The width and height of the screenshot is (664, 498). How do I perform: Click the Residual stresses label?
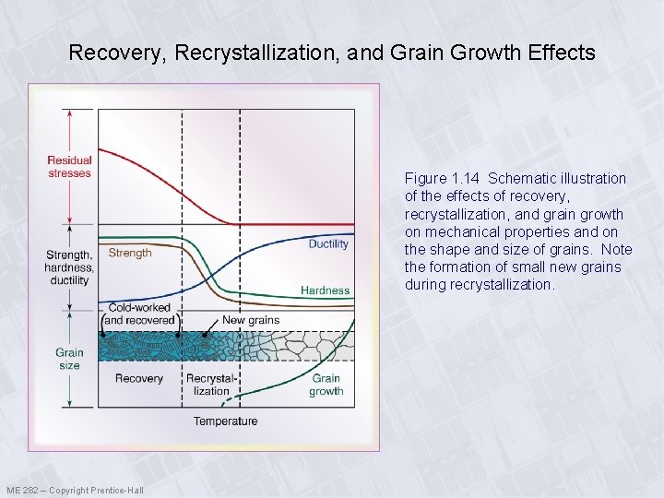(x=69, y=167)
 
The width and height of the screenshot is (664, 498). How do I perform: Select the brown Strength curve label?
(x=130, y=253)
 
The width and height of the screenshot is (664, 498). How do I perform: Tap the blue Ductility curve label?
(x=328, y=244)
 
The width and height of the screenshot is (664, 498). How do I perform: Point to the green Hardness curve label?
(x=326, y=290)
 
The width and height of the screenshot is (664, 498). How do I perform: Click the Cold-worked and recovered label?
(x=141, y=314)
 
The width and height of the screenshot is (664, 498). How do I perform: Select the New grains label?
(x=251, y=320)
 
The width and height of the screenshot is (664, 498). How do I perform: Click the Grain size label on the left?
(x=69, y=359)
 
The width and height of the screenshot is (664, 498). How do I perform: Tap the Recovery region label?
(x=138, y=378)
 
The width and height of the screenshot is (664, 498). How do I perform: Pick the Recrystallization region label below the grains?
(x=211, y=385)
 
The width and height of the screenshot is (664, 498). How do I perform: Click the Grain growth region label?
(x=326, y=385)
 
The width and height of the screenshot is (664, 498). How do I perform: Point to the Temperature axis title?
(x=225, y=421)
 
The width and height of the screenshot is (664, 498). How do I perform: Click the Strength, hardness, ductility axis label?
(x=69, y=267)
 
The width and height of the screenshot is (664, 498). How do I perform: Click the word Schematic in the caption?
(x=519, y=178)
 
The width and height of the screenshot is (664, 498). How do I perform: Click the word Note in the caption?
(x=615, y=250)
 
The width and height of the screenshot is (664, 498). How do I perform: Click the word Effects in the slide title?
(x=565, y=53)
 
